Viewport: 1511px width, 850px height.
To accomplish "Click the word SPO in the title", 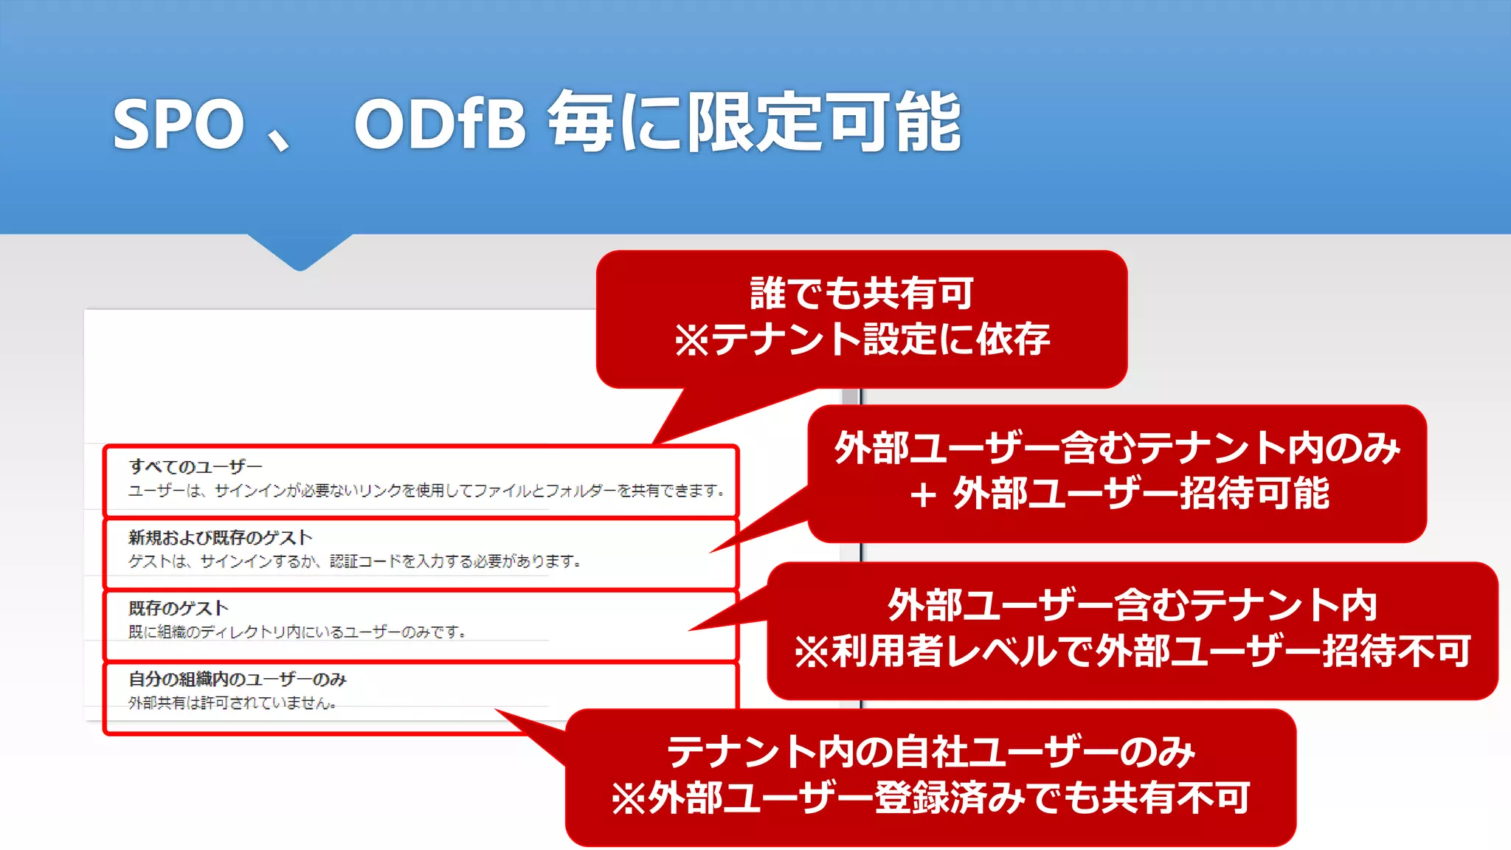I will (x=179, y=124).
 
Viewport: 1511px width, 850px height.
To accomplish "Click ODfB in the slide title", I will (x=440, y=124).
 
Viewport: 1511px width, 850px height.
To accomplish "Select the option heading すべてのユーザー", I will (x=196, y=466).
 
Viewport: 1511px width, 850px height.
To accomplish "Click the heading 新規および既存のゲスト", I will (x=220, y=537).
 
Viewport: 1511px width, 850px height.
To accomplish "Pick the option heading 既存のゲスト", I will (x=178, y=608).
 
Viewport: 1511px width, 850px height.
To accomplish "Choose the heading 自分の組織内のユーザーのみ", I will (x=237, y=679).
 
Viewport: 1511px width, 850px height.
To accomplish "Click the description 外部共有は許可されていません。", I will (x=232, y=703).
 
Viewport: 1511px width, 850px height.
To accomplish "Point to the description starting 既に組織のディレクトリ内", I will (x=297, y=632).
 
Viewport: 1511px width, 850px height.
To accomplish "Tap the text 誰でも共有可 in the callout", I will (x=862, y=293).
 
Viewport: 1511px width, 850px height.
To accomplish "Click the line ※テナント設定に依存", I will (x=862, y=339).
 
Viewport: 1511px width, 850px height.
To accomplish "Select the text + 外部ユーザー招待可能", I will (x=1118, y=494).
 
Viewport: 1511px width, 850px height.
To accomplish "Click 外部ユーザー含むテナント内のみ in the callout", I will (x=1117, y=448).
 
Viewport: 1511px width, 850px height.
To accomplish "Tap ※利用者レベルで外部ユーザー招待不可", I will (x=1133, y=652).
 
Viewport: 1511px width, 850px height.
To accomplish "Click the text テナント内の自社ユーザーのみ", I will (x=930, y=752).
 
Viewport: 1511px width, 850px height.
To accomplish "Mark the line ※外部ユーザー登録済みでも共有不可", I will (x=930, y=798).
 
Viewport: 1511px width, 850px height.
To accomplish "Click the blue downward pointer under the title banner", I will (x=300, y=253).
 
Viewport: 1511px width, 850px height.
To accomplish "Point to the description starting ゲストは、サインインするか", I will (x=354, y=562).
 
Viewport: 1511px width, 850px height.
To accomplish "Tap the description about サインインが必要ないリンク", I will (x=426, y=491).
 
